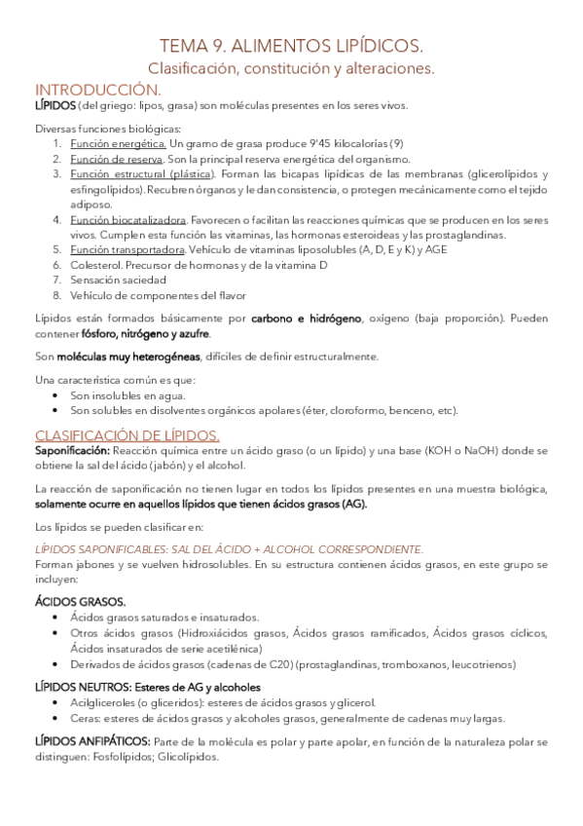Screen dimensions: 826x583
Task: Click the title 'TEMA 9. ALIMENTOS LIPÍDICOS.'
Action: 291,47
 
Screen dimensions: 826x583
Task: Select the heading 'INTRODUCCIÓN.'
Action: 88,89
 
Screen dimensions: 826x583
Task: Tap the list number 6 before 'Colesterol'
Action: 57,264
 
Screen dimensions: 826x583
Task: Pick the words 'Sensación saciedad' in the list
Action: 113,280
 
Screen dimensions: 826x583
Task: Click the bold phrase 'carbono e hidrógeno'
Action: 308,319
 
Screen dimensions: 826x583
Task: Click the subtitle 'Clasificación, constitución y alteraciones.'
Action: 291,68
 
